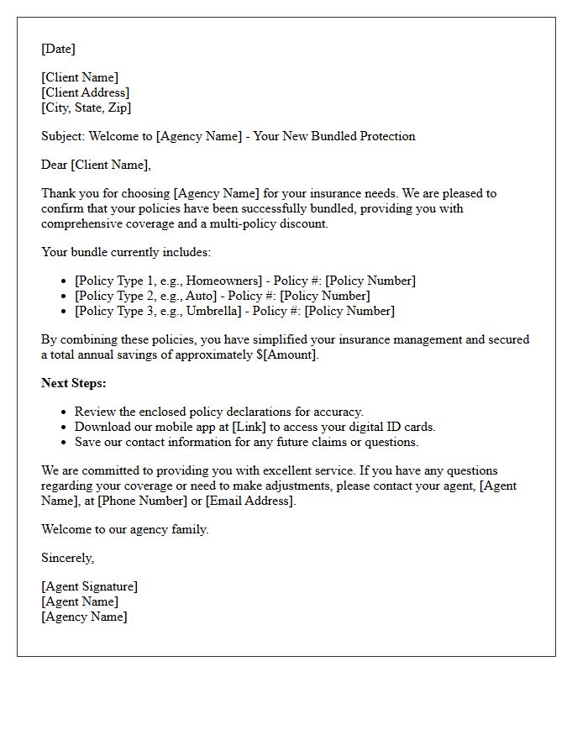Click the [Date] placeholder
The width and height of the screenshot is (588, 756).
58,49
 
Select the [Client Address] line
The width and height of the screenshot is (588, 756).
85,92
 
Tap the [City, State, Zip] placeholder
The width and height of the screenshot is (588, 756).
86,108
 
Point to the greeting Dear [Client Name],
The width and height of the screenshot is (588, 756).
96,165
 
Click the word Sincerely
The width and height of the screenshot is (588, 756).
67,558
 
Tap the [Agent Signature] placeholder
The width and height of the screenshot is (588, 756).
89,586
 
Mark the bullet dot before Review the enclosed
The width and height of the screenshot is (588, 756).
64,412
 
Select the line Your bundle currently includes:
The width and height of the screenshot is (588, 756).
126,252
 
